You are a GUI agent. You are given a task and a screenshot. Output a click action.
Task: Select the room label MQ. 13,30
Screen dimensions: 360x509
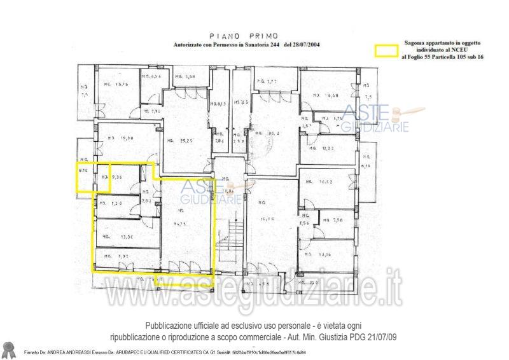click(118, 237)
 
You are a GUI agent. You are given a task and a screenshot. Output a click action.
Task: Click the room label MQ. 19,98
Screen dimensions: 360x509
click(119, 137)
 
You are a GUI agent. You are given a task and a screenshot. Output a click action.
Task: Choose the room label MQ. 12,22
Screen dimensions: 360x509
click(326, 148)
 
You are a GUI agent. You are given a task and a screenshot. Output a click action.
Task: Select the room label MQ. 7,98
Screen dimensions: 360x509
click(333, 220)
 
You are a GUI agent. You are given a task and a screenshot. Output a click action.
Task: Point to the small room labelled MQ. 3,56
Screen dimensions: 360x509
click(305, 219)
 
